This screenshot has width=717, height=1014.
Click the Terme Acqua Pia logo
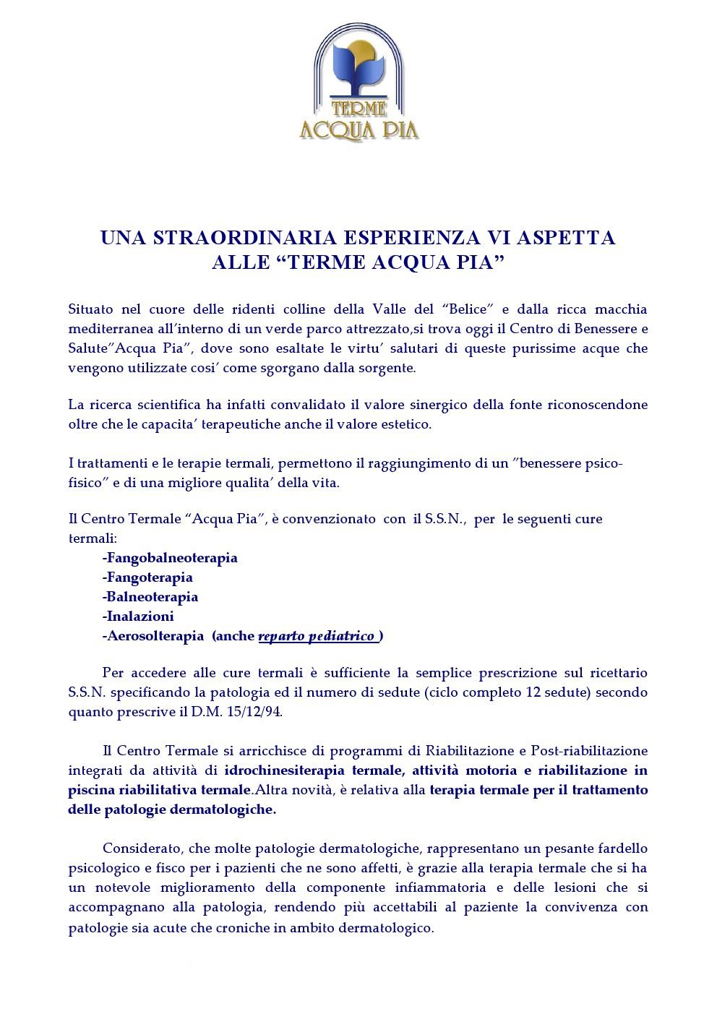(x=358, y=82)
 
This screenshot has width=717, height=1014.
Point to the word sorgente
(x=390, y=368)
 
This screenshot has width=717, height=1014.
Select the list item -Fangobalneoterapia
(x=170, y=558)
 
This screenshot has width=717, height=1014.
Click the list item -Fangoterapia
(x=147, y=577)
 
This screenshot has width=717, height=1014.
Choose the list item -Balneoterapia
(x=150, y=597)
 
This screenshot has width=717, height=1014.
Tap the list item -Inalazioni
(x=138, y=616)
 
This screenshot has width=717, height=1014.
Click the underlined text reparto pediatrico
(x=317, y=636)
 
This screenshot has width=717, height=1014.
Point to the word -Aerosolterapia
(x=153, y=636)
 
